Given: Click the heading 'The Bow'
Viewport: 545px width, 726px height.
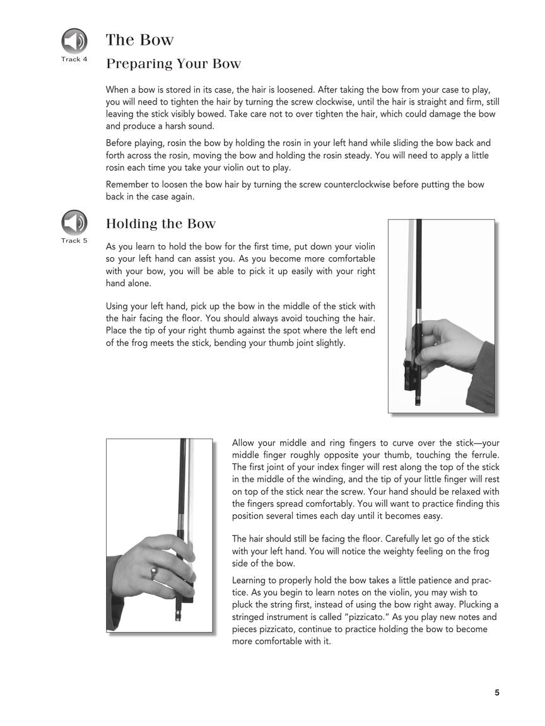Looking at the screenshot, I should point(139,40).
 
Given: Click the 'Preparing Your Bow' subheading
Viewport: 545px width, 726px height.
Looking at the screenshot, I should point(173,64).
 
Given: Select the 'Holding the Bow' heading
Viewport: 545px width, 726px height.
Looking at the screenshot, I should point(160,224).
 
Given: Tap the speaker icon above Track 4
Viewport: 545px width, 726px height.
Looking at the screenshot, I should point(74,41).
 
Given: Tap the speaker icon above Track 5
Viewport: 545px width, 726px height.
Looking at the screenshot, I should point(74,222).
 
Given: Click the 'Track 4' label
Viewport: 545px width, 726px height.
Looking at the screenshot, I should point(74,59).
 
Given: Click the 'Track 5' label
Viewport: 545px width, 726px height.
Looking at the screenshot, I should point(74,241).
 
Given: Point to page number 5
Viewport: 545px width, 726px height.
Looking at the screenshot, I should point(497,693).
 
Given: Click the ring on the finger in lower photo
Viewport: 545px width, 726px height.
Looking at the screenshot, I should point(153,572).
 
